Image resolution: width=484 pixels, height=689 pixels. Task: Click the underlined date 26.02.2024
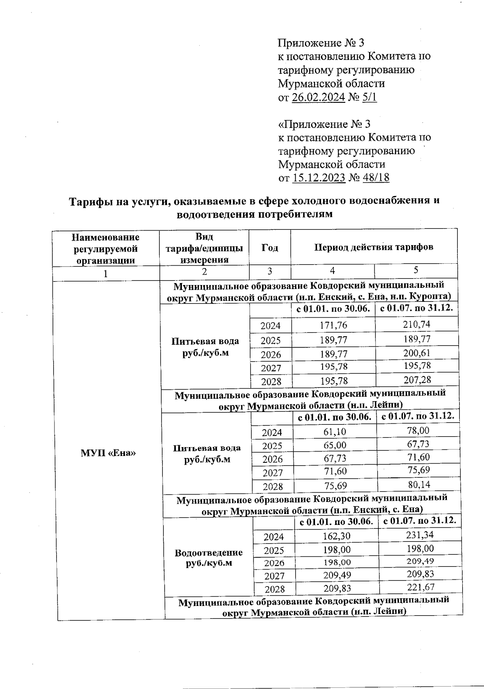pyautogui.click(x=318, y=97)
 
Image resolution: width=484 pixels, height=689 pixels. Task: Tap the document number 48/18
pyautogui.click(x=376, y=178)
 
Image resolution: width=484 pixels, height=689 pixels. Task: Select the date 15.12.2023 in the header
pyautogui.click(x=319, y=178)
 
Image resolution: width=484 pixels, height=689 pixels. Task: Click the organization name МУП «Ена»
pyautogui.click(x=108, y=453)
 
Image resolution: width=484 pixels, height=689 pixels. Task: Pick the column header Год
pyautogui.click(x=269, y=248)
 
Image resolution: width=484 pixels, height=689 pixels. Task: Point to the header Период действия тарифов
pyautogui.click(x=374, y=247)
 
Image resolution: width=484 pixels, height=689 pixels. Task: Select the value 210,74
pyautogui.click(x=416, y=324)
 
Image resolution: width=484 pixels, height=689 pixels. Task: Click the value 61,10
pyautogui.click(x=335, y=432)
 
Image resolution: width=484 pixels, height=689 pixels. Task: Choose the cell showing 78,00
pyautogui.click(x=418, y=431)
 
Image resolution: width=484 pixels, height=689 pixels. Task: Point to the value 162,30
pyautogui.click(x=337, y=536)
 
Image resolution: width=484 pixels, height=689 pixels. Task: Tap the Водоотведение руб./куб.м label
pyautogui.click(x=209, y=558)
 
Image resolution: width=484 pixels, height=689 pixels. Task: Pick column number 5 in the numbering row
pyautogui.click(x=416, y=270)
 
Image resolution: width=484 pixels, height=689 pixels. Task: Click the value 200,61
pyautogui.click(x=417, y=353)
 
